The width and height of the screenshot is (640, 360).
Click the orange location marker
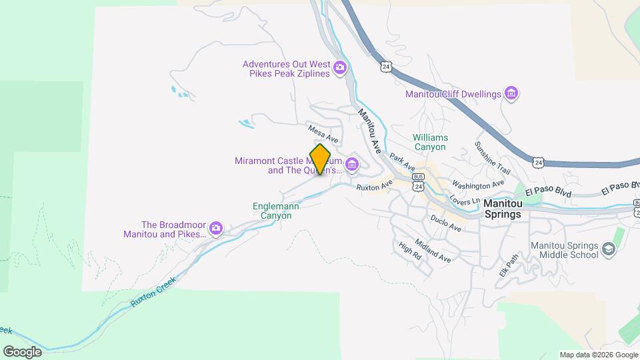[x=320, y=159]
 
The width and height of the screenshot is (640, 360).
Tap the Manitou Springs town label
[x=511, y=209]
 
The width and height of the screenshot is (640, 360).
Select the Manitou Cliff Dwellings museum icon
[x=511, y=93]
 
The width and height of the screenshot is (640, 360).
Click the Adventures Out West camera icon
[x=340, y=67]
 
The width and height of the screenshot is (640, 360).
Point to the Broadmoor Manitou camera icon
[x=215, y=229]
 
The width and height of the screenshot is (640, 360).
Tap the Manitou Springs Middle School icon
[x=608, y=249]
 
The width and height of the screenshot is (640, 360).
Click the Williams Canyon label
[x=430, y=142]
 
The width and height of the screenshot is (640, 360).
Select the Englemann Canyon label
[x=276, y=211]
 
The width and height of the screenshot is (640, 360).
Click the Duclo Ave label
[x=446, y=223]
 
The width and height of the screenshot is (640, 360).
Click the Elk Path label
[x=508, y=265]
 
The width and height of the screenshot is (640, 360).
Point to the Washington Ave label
[x=477, y=183]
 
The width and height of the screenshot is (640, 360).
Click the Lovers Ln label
[x=464, y=199]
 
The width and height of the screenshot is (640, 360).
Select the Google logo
[x=22, y=351]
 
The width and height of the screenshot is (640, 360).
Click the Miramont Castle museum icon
[x=351, y=164]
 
